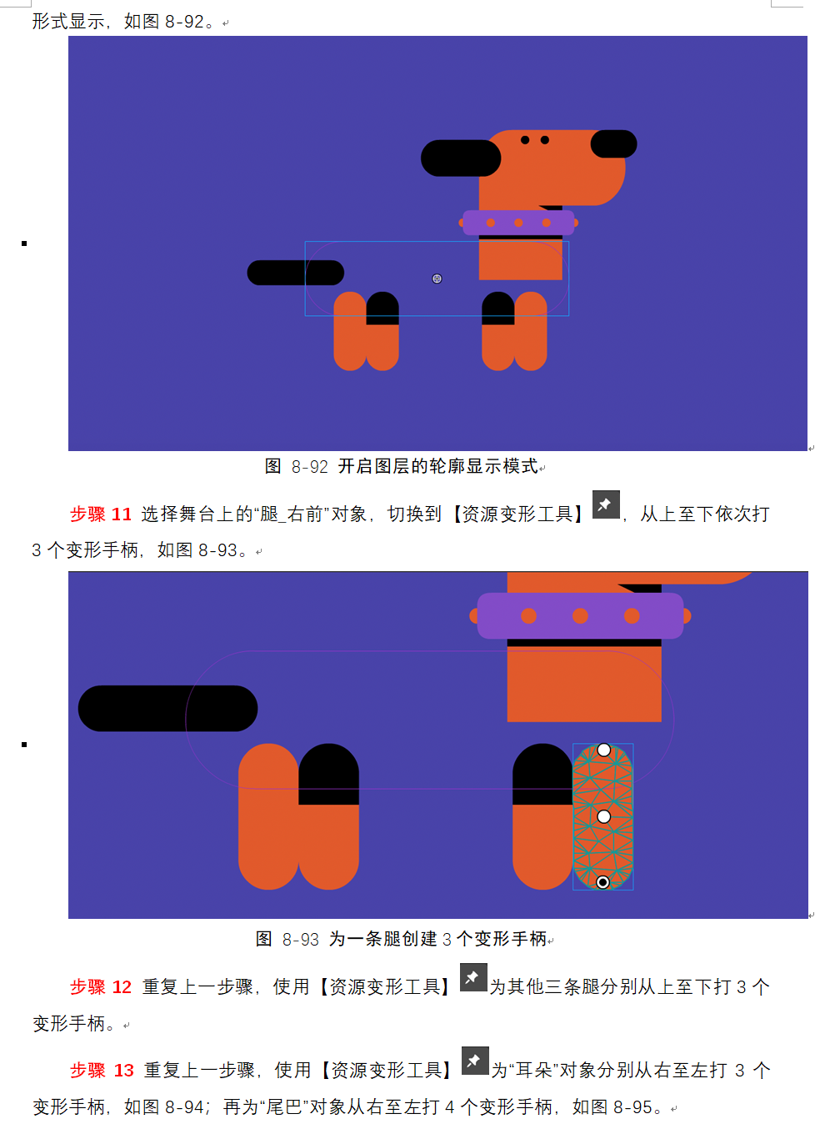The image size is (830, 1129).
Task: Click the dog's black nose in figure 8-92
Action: point(613,144)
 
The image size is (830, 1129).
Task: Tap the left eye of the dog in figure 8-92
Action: point(525,140)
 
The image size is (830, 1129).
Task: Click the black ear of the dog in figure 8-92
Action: point(461,158)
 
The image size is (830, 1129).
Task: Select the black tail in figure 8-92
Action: point(296,273)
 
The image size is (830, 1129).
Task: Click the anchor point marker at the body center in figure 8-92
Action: point(437,278)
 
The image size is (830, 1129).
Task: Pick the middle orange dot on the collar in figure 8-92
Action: point(518,223)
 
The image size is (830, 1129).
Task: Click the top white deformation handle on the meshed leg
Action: point(603,750)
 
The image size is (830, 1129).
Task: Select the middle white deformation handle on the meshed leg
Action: point(603,816)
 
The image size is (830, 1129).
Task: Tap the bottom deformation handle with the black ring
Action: point(602,882)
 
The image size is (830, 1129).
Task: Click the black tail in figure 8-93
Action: point(167,708)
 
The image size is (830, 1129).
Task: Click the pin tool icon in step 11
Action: point(606,504)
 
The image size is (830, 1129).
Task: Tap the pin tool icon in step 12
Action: point(473,977)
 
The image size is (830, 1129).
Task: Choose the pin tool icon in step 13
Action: point(475,1061)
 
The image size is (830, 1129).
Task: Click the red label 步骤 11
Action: point(101,514)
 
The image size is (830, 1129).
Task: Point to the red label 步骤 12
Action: point(101,987)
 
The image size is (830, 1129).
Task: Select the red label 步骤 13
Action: point(102,1070)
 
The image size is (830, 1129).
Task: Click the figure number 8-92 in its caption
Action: point(310,467)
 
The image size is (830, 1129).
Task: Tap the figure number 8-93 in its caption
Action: point(301,940)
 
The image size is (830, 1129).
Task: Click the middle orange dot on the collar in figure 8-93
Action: point(580,616)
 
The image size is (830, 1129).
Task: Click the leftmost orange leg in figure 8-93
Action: point(268,816)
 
